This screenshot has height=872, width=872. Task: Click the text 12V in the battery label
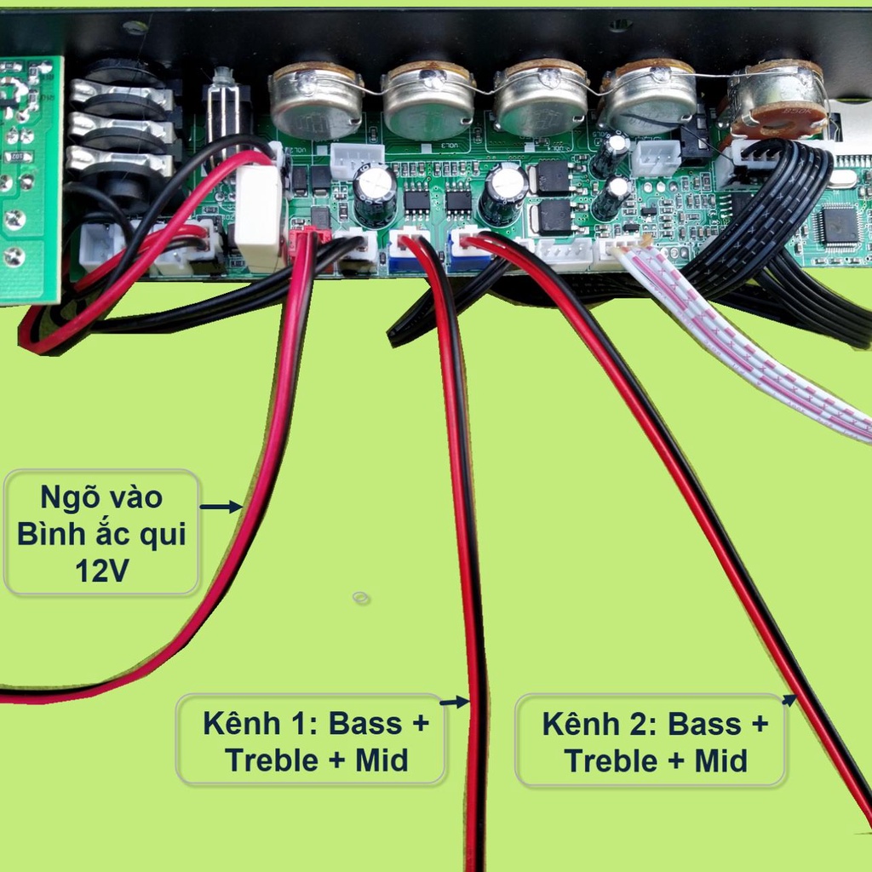point(102,571)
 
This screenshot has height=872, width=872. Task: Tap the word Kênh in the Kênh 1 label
point(241,724)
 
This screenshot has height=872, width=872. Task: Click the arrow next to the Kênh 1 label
point(455,702)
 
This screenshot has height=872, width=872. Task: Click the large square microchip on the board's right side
point(838,225)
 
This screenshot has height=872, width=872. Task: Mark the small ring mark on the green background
point(361,598)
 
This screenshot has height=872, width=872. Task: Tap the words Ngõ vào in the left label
point(101,496)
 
